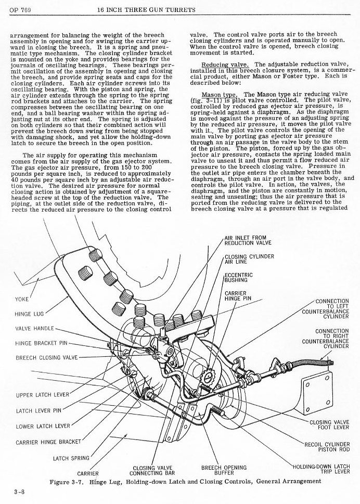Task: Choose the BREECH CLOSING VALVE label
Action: (x=46, y=357)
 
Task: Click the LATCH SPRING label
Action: (x=71, y=458)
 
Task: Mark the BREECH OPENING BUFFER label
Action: (x=224, y=470)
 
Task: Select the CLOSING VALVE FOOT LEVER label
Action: (x=329, y=424)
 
